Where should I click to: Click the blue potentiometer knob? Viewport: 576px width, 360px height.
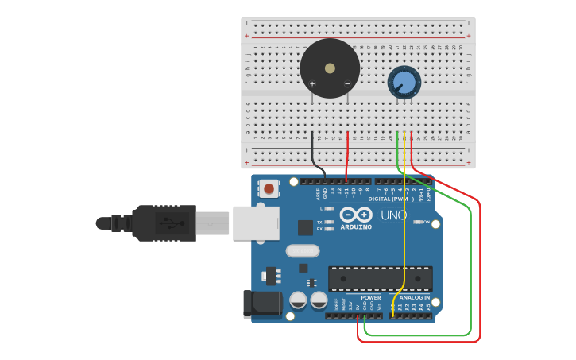point(404,82)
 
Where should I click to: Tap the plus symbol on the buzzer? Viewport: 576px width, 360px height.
point(312,84)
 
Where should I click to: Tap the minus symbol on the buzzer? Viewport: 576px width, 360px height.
point(347,84)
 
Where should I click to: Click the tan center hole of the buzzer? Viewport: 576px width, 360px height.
point(330,68)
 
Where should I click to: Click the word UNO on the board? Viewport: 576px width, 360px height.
point(393,215)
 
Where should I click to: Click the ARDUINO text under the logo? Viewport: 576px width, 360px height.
point(356,227)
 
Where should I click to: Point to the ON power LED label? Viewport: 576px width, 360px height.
point(427,222)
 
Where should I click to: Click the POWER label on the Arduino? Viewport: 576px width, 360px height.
point(371,298)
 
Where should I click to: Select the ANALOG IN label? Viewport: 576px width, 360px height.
point(409,298)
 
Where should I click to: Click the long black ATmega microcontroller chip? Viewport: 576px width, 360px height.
point(381,278)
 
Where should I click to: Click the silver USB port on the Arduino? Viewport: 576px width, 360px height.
point(256,223)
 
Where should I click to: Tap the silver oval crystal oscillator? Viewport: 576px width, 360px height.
point(302,251)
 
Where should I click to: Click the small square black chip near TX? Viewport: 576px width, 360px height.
point(306,227)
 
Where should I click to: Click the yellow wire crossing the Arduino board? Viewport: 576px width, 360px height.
point(404,238)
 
